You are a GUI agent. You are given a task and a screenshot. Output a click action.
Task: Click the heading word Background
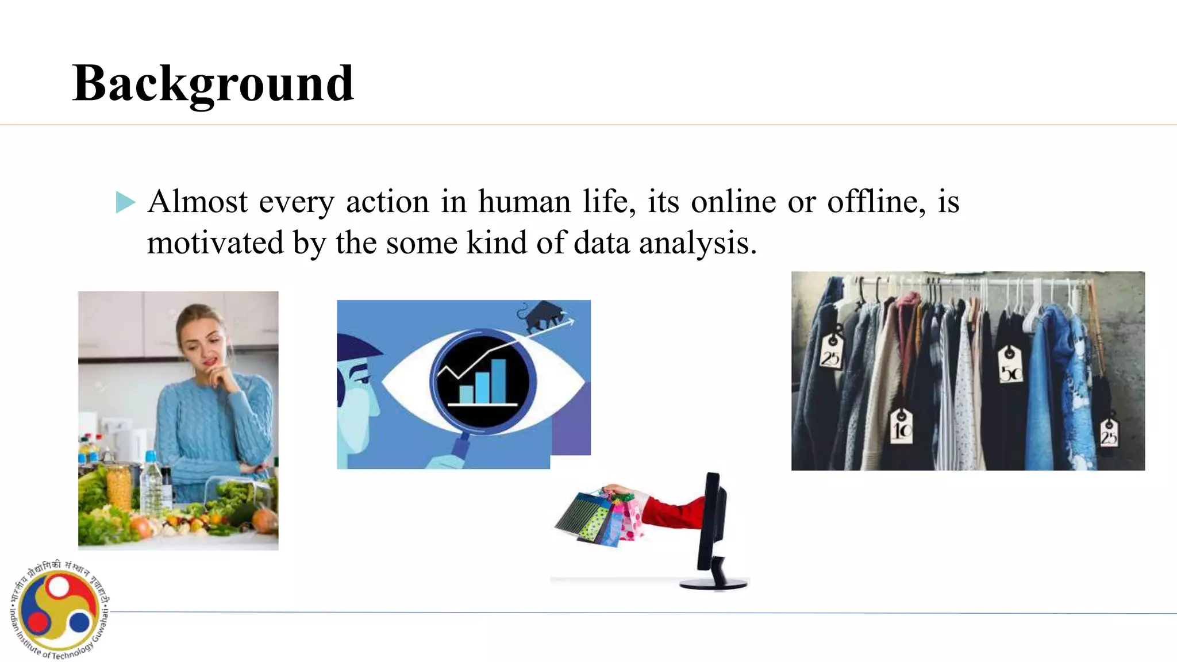pyautogui.click(x=213, y=84)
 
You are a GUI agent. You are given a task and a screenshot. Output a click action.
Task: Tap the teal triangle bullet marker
pyautogui.click(x=125, y=202)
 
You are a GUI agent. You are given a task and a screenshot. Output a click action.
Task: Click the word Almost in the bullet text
pyautogui.click(x=197, y=202)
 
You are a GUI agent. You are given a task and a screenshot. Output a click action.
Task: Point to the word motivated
pyautogui.click(x=215, y=243)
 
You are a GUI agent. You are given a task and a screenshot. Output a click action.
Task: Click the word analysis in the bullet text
pyautogui.click(x=698, y=243)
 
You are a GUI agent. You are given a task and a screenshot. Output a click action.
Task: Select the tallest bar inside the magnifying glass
pyautogui.click(x=498, y=380)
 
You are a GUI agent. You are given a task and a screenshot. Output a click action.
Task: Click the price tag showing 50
pyautogui.click(x=1010, y=365)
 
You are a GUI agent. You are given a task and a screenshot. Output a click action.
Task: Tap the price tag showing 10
pyautogui.click(x=901, y=426)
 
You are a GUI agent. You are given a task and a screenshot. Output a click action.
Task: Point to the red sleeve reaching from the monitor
pyautogui.click(x=672, y=510)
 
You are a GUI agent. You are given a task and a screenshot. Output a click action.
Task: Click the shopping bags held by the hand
pyautogui.click(x=598, y=518)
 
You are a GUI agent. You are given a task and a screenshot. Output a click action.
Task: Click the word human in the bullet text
pyautogui.click(x=524, y=202)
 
